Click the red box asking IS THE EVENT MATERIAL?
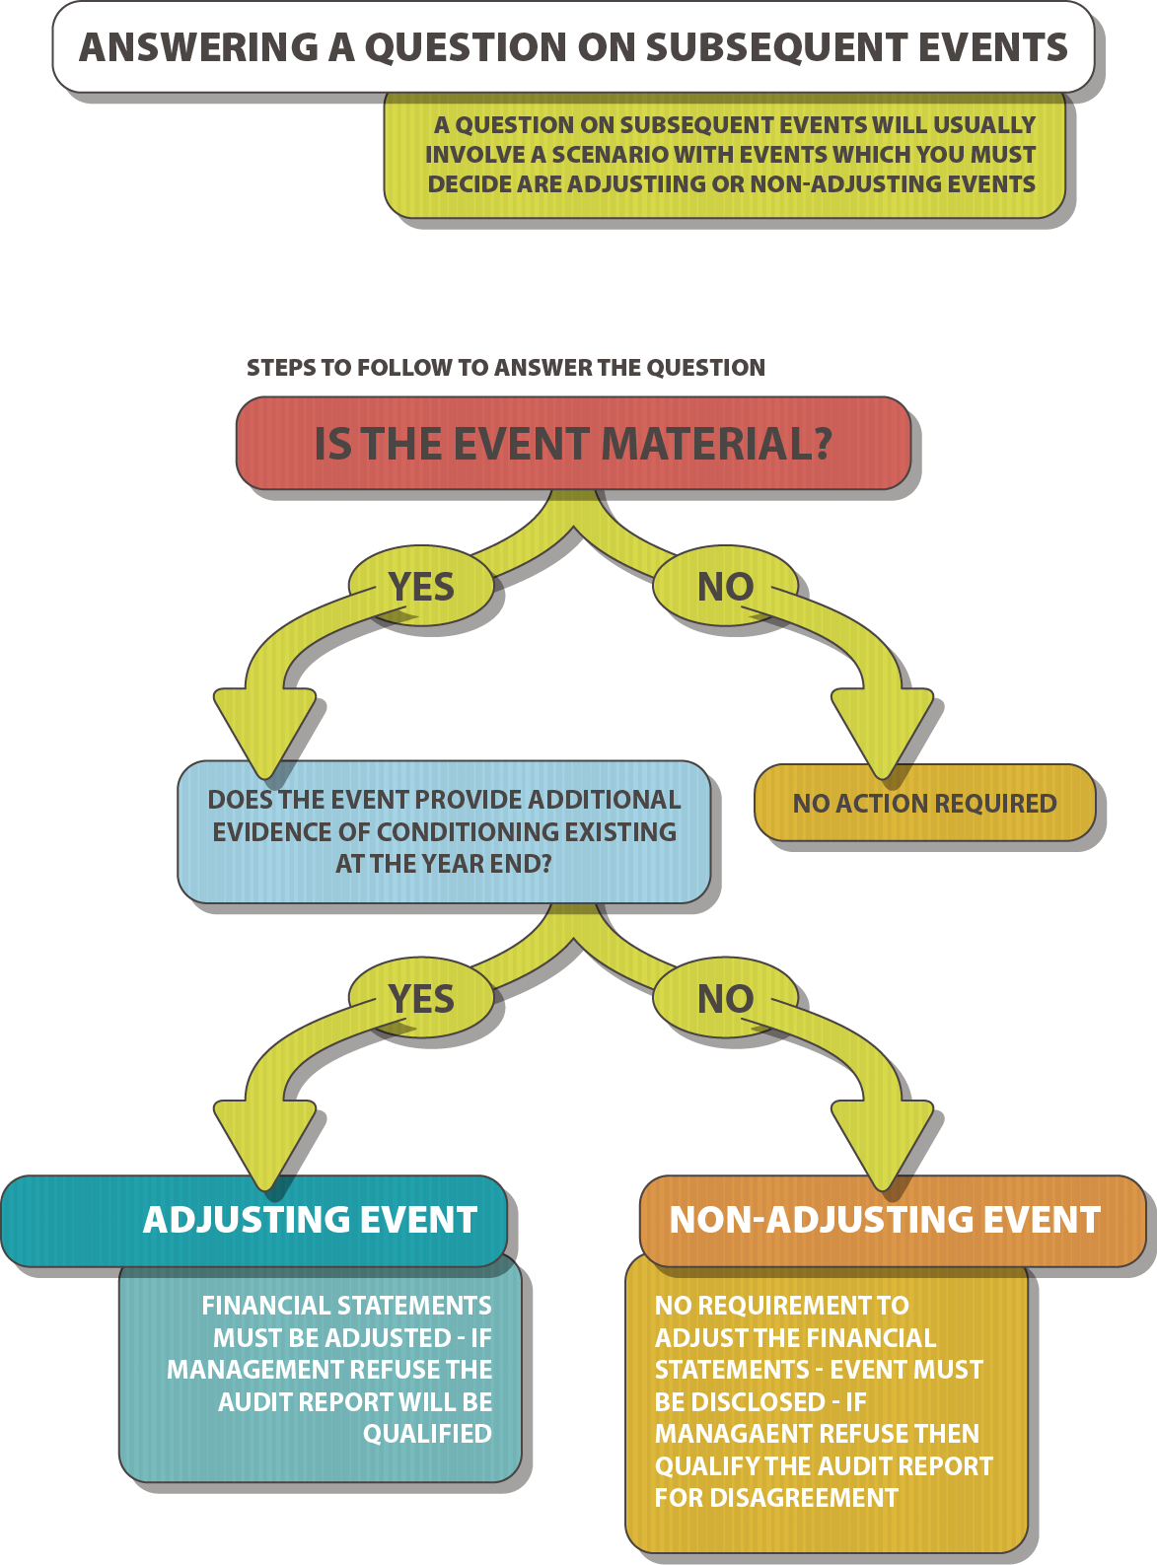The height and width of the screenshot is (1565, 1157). pyautogui.click(x=573, y=444)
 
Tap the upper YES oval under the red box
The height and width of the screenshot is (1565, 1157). pyautogui.click(x=422, y=587)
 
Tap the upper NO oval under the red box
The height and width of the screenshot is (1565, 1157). pyautogui.click(x=725, y=588)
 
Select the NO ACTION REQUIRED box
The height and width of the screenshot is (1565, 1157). pyautogui.click(x=924, y=804)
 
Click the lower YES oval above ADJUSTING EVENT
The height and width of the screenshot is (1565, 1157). pyautogui.click(x=422, y=999)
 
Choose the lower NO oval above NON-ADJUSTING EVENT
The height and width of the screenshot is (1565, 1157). pyautogui.click(x=725, y=999)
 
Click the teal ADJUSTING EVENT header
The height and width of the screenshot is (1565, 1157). pyautogui.click(x=310, y=1220)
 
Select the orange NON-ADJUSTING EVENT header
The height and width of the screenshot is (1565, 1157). pyautogui.click(x=885, y=1220)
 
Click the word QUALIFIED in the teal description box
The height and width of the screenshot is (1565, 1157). pyautogui.click(x=427, y=1434)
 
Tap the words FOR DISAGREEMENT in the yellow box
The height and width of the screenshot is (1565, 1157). pyautogui.click(x=776, y=1498)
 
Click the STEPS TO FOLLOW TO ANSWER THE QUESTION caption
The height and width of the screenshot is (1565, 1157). pyautogui.click(x=505, y=368)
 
